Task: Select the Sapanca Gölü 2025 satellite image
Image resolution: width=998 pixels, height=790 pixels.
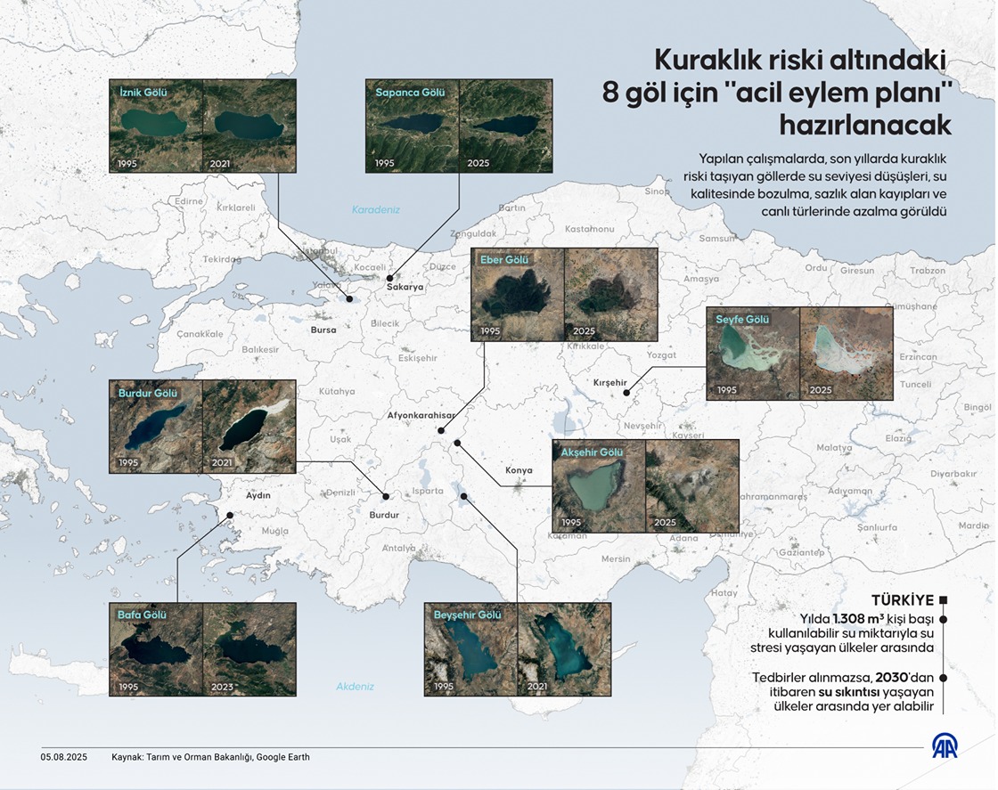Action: click(505, 126)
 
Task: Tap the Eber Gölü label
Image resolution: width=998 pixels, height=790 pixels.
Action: click(504, 260)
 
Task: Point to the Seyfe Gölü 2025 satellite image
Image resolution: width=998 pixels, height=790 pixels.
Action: click(846, 354)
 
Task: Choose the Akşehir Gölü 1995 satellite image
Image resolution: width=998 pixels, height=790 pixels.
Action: click(598, 485)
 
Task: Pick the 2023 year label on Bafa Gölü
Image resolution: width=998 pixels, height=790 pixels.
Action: click(224, 687)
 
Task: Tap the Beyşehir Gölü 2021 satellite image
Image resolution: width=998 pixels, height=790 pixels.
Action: click(564, 650)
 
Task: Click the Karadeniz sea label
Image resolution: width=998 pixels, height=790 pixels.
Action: click(376, 210)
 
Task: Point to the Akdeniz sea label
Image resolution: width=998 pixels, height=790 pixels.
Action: click(356, 687)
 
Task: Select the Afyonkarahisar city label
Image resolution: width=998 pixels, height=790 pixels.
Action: click(421, 415)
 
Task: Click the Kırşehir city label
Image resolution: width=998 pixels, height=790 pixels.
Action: click(610, 383)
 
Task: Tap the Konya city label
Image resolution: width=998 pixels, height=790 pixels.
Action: click(519, 470)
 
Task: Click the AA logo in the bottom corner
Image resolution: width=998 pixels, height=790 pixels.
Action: click(945, 745)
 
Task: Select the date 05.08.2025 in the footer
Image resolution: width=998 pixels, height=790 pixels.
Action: click(62, 757)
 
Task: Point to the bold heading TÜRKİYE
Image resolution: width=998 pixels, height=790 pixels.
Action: click(902, 599)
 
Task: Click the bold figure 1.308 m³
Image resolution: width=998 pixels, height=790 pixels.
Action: click(863, 618)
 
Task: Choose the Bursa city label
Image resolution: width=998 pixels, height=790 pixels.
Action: click(323, 330)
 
